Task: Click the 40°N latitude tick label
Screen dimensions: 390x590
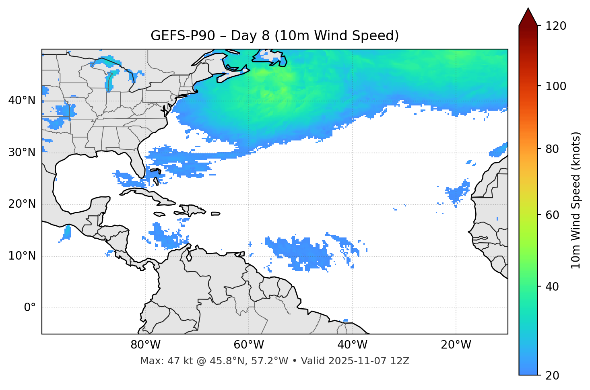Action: (22, 101)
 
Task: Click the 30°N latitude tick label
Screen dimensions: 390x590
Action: (22, 153)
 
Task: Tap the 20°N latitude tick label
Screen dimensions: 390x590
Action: (22, 204)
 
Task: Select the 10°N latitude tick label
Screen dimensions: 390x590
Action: (22, 256)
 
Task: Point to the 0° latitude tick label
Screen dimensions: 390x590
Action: (29, 308)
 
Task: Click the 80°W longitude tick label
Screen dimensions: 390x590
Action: (145, 345)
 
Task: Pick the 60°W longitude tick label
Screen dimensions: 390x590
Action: (249, 345)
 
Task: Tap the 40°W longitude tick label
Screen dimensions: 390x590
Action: (352, 345)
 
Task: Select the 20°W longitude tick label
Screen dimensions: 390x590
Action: (456, 345)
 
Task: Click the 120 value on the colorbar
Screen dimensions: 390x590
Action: (556, 26)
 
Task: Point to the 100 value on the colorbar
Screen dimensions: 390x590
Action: (556, 86)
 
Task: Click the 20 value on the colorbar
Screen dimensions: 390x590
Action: (552, 376)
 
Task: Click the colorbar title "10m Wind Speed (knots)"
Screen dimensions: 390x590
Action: (576, 200)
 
